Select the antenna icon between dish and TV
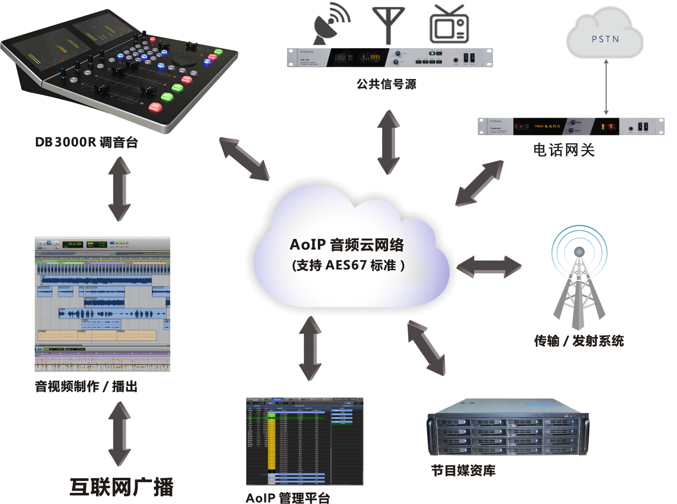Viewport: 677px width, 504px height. [x=389, y=25]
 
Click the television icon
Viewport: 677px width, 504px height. [x=449, y=25]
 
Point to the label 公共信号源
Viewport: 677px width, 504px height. [x=386, y=84]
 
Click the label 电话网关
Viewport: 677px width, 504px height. [x=564, y=150]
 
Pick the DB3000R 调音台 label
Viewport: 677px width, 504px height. [x=86, y=142]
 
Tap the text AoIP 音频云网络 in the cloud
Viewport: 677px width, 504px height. [x=347, y=244]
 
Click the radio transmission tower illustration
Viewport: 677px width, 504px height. [x=579, y=278]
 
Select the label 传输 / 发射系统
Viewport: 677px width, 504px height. [x=579, y=341]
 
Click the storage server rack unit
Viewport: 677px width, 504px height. [x=508, y=427]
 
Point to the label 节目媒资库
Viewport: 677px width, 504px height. [x=463, y=470]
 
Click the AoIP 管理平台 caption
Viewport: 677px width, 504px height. [x=288, y=498]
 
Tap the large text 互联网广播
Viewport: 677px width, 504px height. [x=121, y=487]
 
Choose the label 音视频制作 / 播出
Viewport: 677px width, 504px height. [x=86, y=386]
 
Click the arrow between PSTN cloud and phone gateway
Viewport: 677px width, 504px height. [x=606, y=87]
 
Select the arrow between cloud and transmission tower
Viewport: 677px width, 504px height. [x=489, y=266]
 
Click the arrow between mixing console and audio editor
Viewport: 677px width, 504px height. [x=120, y=189]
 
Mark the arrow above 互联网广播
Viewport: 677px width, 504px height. [x=120, y=434]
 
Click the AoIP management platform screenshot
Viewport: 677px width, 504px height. [x=304, y=441]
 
